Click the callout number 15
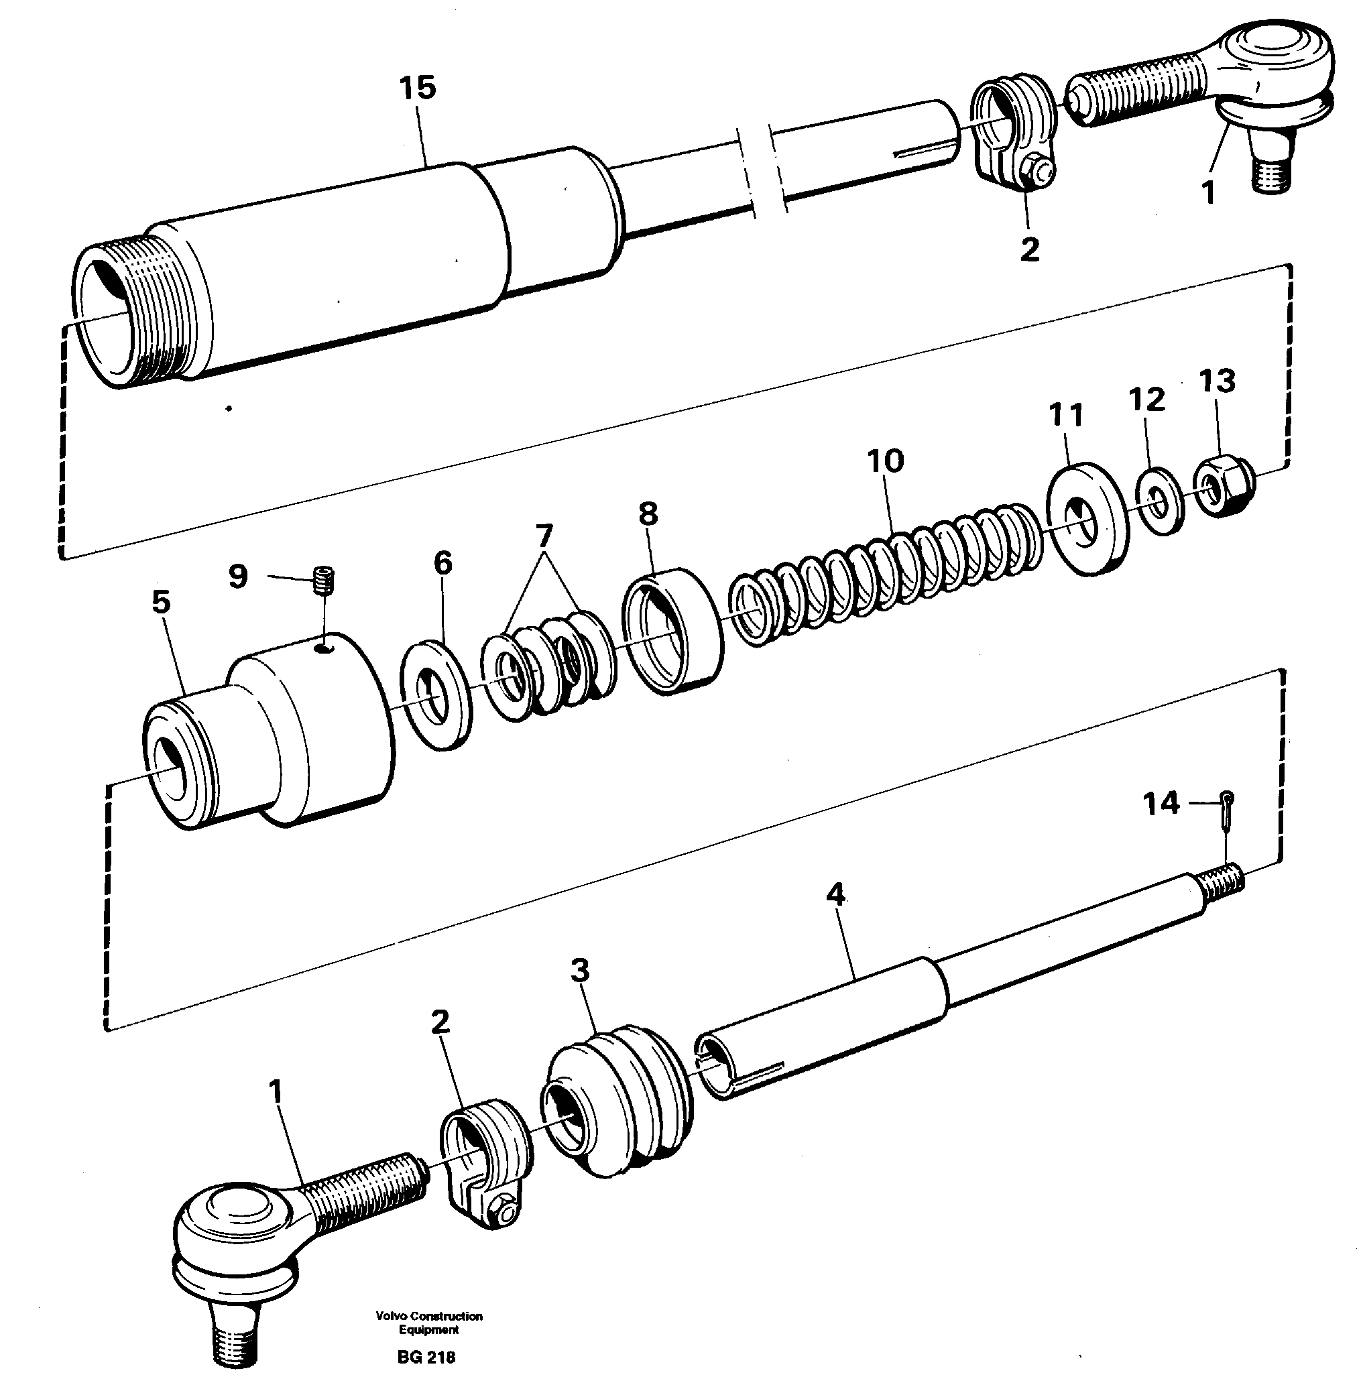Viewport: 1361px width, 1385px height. click(418, 88)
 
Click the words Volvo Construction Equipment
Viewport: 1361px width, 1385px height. click(429, 1323)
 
